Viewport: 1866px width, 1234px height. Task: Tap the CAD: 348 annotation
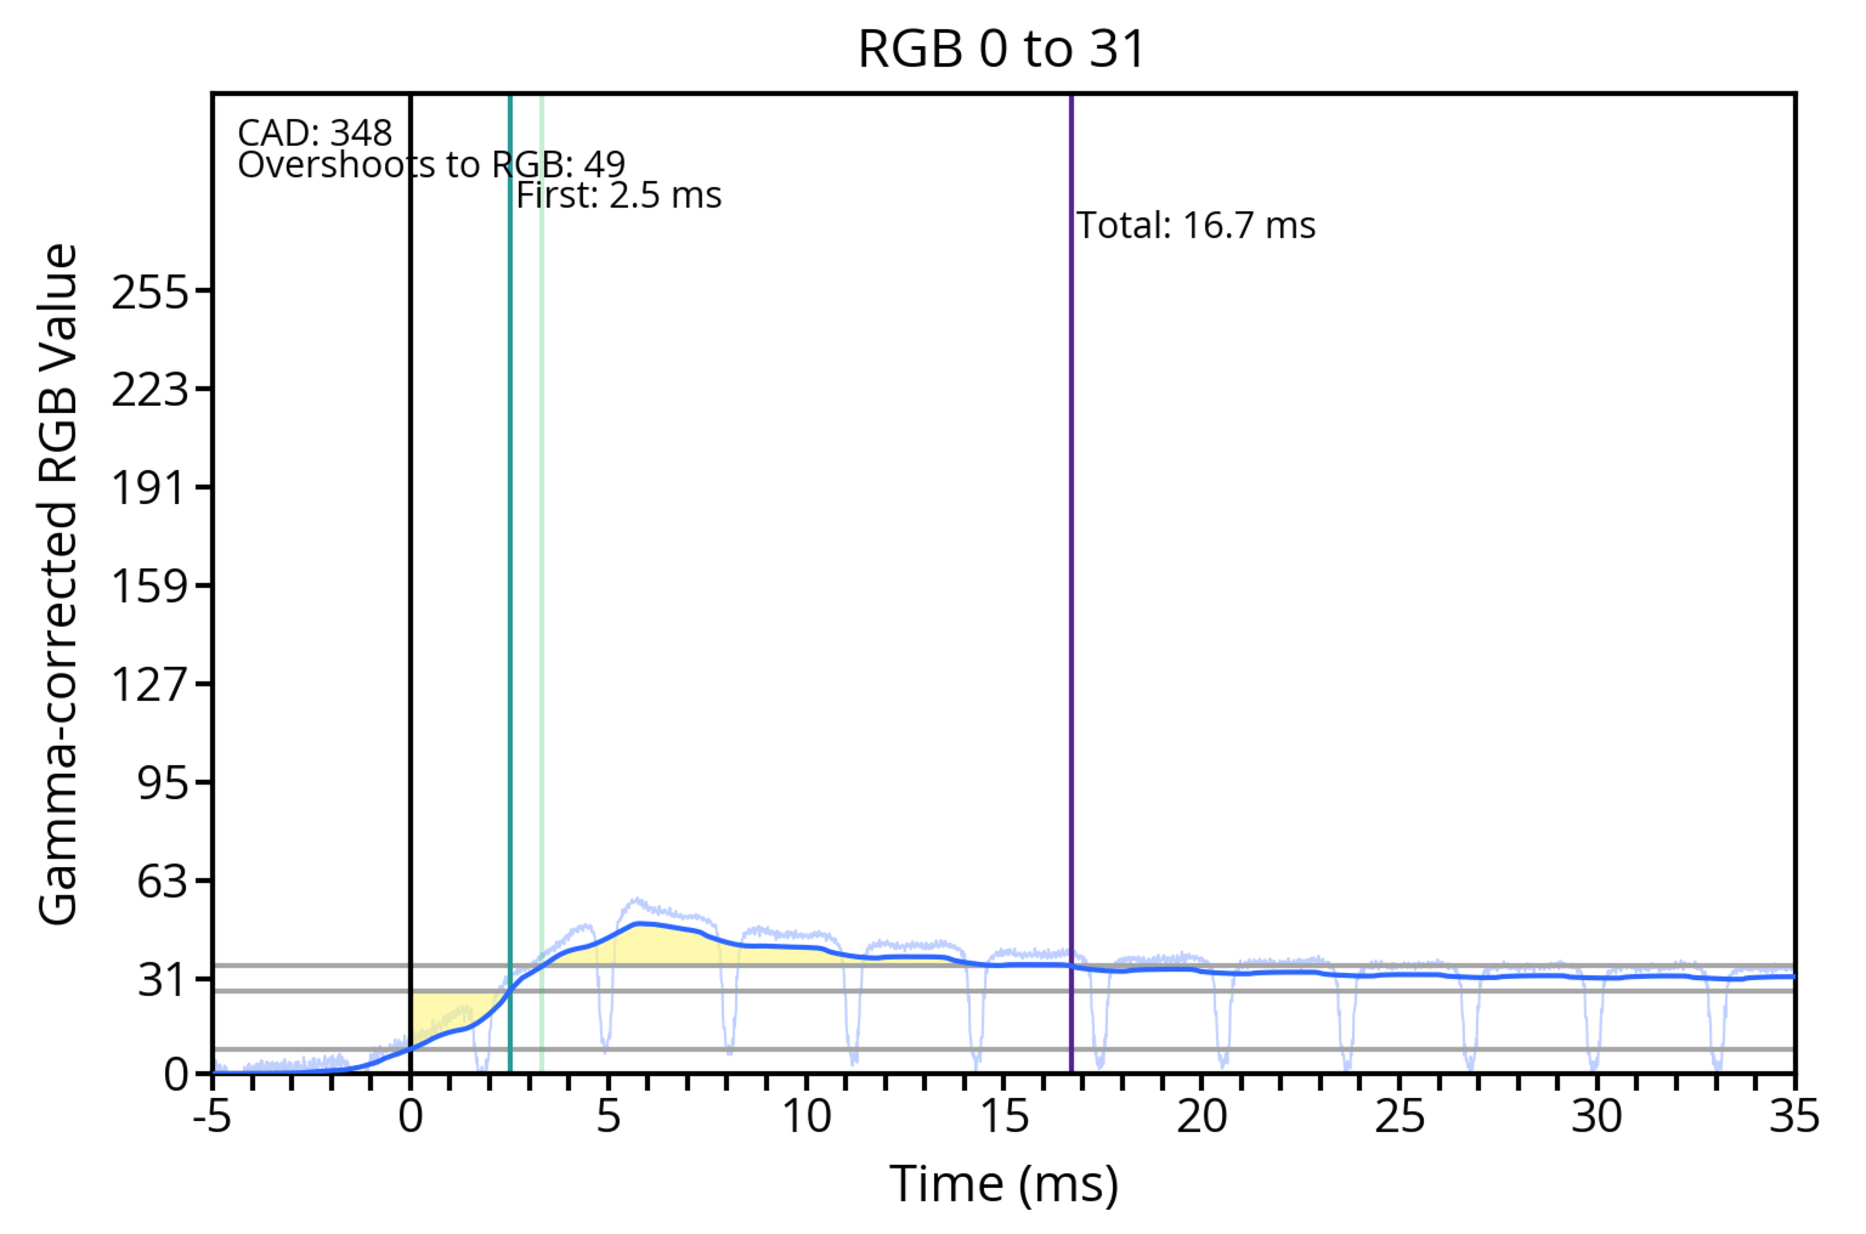coord(315,133)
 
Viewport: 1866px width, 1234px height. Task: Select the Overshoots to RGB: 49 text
coord(432,165)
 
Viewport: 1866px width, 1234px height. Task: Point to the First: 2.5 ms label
coord(619,195)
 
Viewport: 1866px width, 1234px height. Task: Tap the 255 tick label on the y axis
coord(150,293)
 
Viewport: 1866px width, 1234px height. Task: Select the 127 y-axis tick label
coord(150,684)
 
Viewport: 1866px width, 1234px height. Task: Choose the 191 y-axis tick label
coord(150,488)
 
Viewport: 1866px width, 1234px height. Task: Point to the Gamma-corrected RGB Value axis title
coord(58,584)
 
